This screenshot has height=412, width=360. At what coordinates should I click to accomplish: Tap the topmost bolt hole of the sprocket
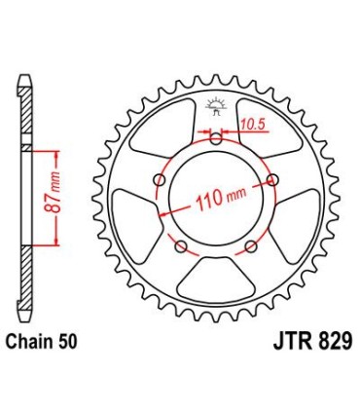pyautogui.click(x=216, y=139)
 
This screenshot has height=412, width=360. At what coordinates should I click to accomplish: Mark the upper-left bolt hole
pyautogui.click(x=161, y=179)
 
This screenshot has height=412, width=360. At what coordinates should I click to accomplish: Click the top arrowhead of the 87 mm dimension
pyautogui.click(x=60, y=153)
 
